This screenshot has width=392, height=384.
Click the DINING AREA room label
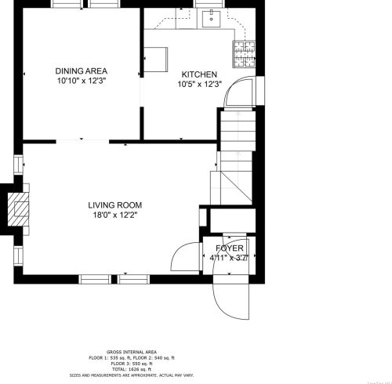click(x=81, y=71)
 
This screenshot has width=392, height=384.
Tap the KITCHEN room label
click(x=199, y=74)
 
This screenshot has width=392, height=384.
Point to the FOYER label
click(x=230, y=248)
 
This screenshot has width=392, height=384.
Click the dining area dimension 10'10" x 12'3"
click(x=81, y=80)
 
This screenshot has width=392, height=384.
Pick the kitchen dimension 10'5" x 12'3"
click(x=199, y=84)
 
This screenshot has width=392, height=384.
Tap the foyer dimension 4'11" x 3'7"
click(x=230, y=256)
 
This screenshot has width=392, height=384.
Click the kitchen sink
click(x=209, y=19)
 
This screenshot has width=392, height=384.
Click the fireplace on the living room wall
click(x=15, y=209)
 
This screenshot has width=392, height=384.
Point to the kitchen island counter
click(x=156, y=58)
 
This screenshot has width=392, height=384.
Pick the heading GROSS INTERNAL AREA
click(x=132, y=353)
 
